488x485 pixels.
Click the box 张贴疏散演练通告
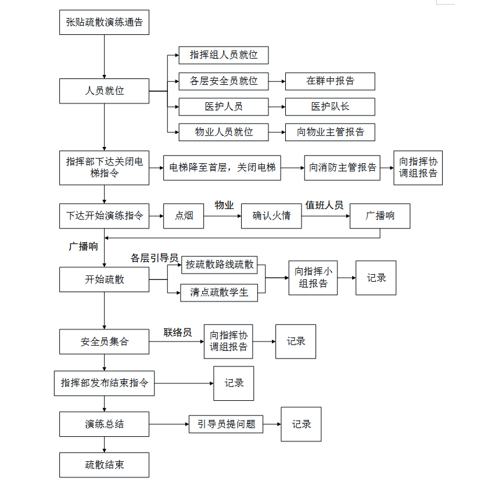[104, 23]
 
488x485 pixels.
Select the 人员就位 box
[104, 91]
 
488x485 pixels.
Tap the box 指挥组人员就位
[224, 55]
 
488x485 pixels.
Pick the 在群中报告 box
[330, 81]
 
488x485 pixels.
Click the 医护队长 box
[330, 107]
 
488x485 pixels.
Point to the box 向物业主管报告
[330, 132]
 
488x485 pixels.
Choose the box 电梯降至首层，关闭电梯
[222, 168]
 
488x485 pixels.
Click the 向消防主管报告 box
[342, 168]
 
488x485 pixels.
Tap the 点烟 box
[184, 216]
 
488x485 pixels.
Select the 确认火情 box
[271, 216]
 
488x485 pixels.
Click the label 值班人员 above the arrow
[324, 205]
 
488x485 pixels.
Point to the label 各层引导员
[155, 258]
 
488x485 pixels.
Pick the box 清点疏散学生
[219, 292]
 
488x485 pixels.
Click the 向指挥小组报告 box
[313, 278]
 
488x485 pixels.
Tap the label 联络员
[178, 332]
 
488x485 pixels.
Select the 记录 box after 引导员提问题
[302, 424]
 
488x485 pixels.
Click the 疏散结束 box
[104, 465]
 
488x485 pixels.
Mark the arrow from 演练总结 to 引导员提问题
[169, 424]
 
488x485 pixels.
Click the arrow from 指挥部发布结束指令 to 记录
[184, 383]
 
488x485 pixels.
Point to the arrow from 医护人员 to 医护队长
[277, 107]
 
